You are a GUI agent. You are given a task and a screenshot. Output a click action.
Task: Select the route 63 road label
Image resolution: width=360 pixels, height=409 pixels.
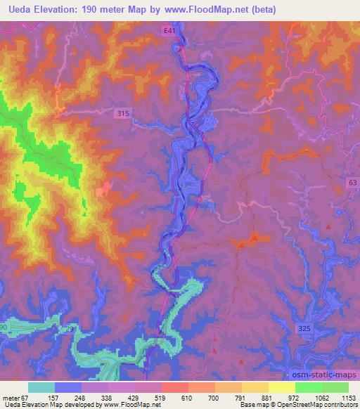pyautogui.click(x=352, y=183)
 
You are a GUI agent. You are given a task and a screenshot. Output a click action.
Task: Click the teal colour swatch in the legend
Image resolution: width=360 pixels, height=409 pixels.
pyautogui.click(x=41, y=387)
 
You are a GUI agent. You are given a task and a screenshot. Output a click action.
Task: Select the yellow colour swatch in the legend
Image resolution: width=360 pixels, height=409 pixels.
pyautogui.click(x=281, y=387)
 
